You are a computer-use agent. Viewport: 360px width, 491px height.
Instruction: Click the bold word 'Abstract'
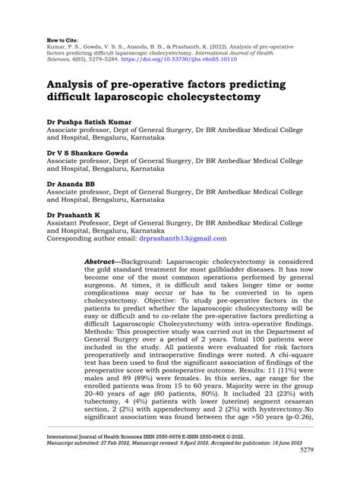point(101,260)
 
